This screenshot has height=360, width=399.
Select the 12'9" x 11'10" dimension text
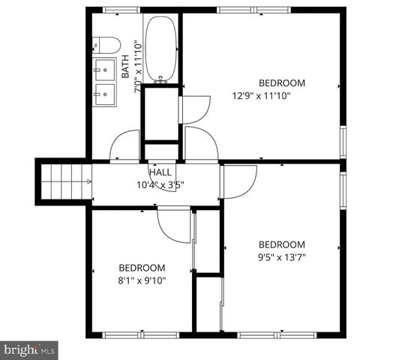point(260,95)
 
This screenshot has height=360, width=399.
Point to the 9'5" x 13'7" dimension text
point(282,256)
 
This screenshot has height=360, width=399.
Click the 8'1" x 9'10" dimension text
point(142,280)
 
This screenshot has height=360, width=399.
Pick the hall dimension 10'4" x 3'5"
point(160,184)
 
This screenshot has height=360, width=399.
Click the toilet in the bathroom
point(103,44)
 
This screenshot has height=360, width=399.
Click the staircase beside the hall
point(60,181)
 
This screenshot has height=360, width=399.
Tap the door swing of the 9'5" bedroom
point(238,180)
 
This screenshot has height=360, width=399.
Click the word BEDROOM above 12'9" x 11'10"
point(282,82)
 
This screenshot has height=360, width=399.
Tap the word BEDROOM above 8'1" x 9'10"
point(142,268)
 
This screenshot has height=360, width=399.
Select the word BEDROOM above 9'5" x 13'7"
point(282,244)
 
